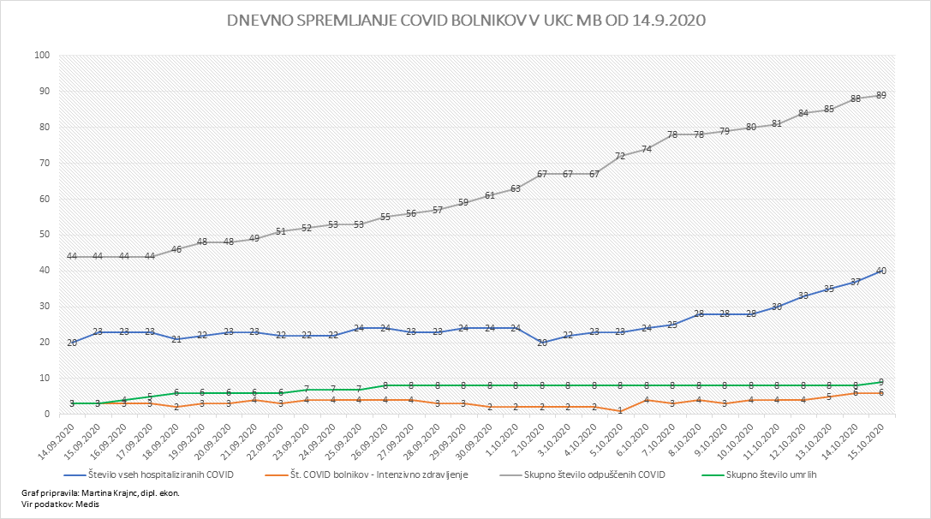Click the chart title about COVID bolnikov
(x=465, y=21)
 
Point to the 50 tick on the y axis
(x=42, y=235)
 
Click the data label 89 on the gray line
(x=880, y=96)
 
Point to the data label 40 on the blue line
(x=880, y=271)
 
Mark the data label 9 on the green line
(x=880, y=382)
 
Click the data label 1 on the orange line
(x=619, y=410)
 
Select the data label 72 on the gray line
(x=619, y=157)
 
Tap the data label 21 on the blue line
(x=176, y=339)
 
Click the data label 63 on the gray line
(x=516, y=188)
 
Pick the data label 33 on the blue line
(x=803, y=295)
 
